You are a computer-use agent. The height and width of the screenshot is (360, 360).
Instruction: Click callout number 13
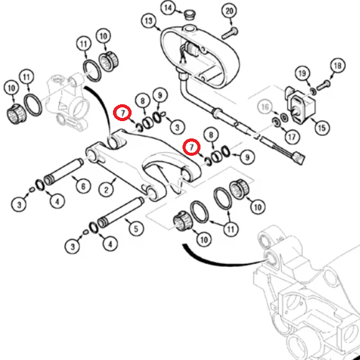coord(149,21)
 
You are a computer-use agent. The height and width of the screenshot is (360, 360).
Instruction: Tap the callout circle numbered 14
coord(168,8)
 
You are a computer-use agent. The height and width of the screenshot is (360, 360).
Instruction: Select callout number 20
coord(230,11)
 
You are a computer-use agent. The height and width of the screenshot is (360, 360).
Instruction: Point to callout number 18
coord(337,66)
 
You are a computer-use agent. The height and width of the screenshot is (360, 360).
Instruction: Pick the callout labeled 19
coord(302,73)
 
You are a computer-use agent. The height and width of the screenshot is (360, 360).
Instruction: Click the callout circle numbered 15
coord(322,128)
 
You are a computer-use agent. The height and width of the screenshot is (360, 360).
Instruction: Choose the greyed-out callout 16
coord(265,107)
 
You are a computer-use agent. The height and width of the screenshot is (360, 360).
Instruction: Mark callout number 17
coord(292,137)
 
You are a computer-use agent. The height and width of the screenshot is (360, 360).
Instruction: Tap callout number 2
coord(106,190)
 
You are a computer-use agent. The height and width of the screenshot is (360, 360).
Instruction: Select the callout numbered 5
coord(136,228)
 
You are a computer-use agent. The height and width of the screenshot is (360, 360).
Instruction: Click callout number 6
coord(83,186)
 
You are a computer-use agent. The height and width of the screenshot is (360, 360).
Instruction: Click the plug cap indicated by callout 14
coord(190,15)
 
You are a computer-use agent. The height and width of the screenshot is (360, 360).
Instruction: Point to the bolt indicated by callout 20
coord(230,34)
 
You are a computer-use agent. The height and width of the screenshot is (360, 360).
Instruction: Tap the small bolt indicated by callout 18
coord(323,85)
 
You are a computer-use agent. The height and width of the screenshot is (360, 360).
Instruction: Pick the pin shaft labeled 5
coord(120,212)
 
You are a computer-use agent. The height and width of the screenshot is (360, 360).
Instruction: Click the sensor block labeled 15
coord(300,106)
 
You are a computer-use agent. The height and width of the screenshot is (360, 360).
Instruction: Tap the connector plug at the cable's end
coord(300,158)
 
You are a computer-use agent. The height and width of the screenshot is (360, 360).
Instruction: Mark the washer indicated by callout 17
coord(276,122)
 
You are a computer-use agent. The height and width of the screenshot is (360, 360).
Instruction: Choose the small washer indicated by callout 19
coord(312,92)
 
